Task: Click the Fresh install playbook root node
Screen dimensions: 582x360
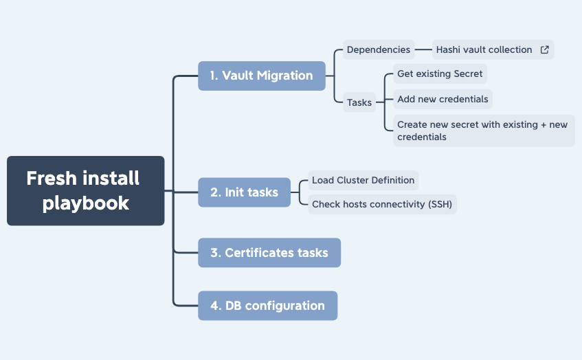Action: click(86, 191)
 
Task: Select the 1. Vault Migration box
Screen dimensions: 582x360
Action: click(262, 76)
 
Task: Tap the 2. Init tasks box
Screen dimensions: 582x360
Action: click(244, 192)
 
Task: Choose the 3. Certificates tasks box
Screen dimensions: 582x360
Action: click(269, 253)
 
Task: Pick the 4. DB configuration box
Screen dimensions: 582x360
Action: click(267, 306)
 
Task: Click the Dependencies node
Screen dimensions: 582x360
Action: click(379, 49)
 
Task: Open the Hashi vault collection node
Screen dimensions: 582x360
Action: click(493, 49)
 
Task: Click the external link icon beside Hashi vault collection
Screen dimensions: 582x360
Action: click(544, 49)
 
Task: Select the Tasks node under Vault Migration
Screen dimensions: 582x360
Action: click(359, 102)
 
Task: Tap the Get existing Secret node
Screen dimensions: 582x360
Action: click(440, 74)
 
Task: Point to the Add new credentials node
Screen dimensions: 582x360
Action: click(443, 99)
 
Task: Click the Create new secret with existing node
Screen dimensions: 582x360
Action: click(484, 131)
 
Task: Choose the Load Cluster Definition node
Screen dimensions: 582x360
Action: click(363, 181)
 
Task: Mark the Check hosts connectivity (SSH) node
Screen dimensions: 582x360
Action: click(382, 205)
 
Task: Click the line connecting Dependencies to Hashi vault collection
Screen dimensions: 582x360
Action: click(423, 49)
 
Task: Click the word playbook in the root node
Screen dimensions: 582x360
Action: click(86, 203)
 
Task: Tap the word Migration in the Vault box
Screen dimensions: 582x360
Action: click(285, 76)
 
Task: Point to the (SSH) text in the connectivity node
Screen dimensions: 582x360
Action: click(440, 205)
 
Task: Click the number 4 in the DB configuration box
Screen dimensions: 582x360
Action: click(214, 306)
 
